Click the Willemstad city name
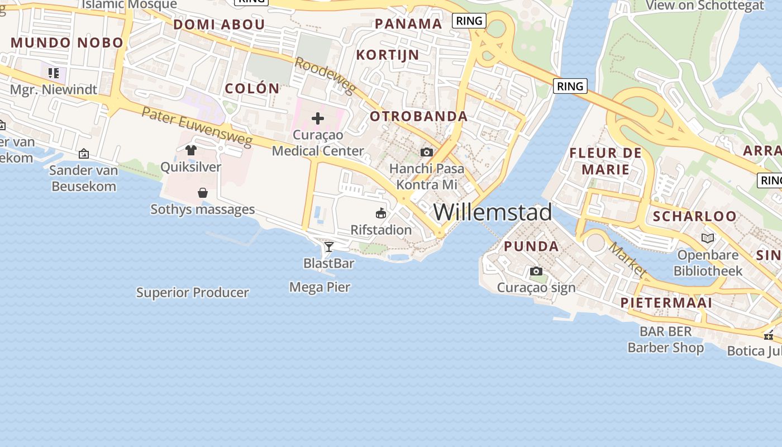[492, 212]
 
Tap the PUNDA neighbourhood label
[531, 246]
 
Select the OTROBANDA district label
[419, 116]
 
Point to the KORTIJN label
[388, 55]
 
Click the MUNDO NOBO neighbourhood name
[67, 42]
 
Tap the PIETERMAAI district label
[666, 303]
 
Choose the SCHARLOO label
[694, 216]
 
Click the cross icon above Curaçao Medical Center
[318, 118]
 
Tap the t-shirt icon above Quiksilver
[191, 150]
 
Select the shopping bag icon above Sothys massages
[203, 193]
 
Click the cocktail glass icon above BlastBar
[329, 246]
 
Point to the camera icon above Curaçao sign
[536, 272]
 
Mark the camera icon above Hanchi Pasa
[427, 152]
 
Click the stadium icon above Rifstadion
[381, 213]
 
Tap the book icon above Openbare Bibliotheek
[708, 239]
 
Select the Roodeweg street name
[324, 75]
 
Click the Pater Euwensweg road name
[197, 127]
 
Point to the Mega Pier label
[320, 287]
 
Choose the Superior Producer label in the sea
[193, 292]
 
